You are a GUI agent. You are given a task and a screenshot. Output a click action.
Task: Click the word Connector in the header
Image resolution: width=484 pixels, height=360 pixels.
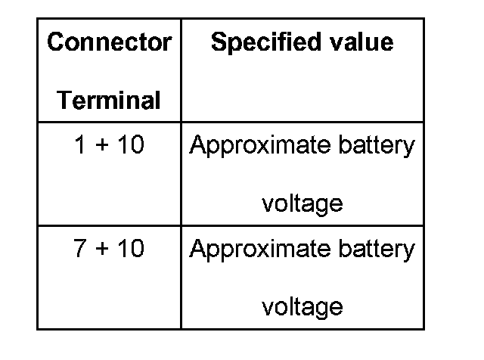(x=109, y=42)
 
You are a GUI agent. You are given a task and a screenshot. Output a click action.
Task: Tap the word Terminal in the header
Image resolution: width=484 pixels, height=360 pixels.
(x=109, y=100)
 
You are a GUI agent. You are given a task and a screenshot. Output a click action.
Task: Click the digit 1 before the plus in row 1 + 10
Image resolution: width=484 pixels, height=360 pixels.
(x=80, y=145)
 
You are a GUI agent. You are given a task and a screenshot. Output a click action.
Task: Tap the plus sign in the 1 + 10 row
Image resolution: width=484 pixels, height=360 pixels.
(x=102, y=146)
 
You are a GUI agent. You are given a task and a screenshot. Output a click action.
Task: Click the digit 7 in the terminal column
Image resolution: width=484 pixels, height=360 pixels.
(x=80, y=249)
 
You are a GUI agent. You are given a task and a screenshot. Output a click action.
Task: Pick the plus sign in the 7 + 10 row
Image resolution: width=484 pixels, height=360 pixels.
(x=102, y=250)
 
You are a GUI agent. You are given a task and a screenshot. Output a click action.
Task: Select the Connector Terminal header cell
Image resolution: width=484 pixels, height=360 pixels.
(x=109, y=70)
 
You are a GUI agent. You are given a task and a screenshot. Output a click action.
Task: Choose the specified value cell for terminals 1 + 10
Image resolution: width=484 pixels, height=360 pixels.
(x=302, y=174)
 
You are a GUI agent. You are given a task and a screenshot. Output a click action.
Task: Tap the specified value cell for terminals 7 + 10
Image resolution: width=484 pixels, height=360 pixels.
(x=302, y=278)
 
